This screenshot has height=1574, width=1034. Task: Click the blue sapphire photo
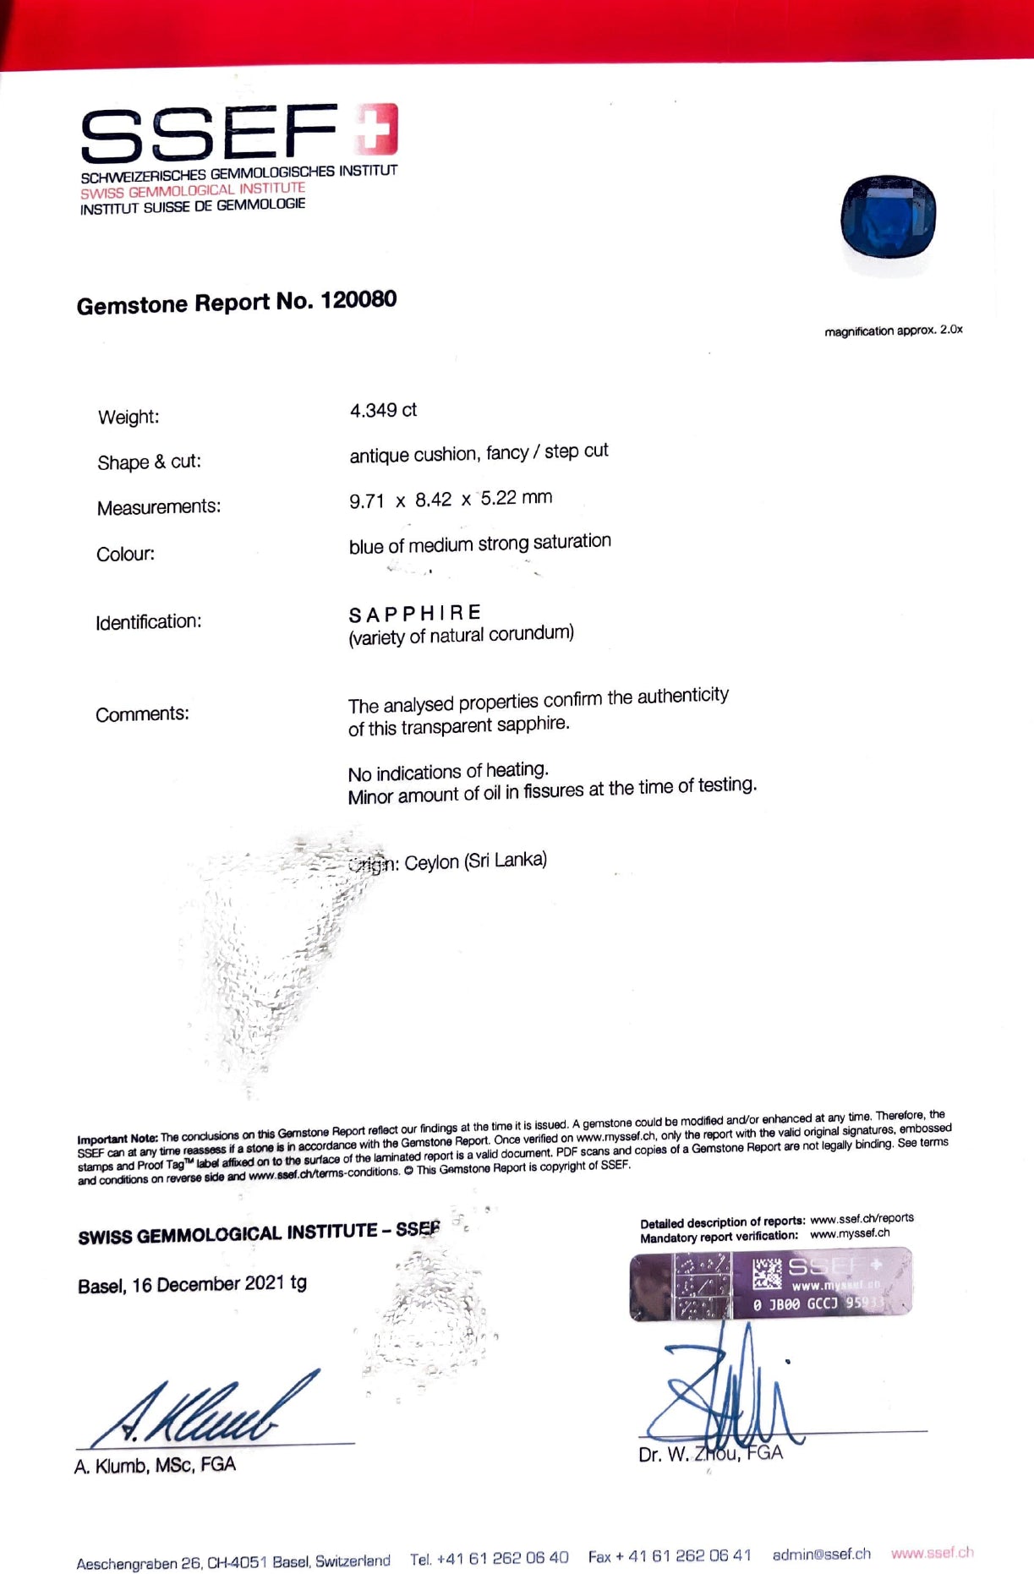(x=888, y=216)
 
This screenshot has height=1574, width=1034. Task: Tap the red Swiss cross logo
(x=376, y=130)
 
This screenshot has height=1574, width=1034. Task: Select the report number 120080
(x=358, y=300)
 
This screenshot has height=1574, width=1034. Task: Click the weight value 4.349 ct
(x=383, y=411)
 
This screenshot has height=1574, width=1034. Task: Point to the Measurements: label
(x=158, y=507)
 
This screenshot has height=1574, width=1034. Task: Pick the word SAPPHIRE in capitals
(x=414, y=613)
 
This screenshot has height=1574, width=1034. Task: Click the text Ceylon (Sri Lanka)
(x=475, y=861)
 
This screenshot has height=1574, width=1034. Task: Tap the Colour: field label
(x=125, y=555)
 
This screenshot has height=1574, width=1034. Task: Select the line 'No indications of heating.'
(x=448, y=772)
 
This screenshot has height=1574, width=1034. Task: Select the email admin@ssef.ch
(x=821, y=1554)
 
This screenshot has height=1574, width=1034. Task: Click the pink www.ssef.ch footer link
(x=932, y=1553)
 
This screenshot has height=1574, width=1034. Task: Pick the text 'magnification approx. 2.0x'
(x=893, y=331)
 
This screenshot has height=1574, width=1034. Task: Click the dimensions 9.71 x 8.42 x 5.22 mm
(x=451, y=499)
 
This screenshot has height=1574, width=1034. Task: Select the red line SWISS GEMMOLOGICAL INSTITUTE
(x=193, y=190)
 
